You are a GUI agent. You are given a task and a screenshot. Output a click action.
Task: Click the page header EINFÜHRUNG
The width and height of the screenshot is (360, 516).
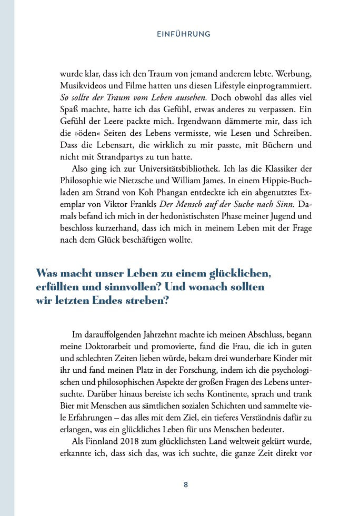click(x=184, y=34)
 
